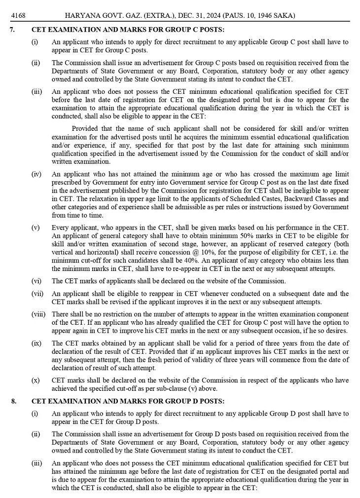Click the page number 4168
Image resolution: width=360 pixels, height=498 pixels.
(x=19, y=16)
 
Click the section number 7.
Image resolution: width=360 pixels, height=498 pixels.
(x=13, y=30)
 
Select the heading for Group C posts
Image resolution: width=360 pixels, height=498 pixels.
(x=128, y=30)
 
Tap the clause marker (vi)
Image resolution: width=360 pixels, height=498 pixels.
(x=36, y=281)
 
